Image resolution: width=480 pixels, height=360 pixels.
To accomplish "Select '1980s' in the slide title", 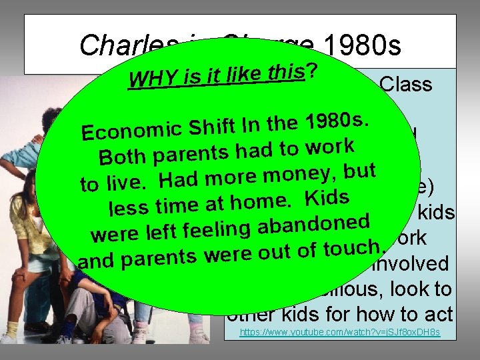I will (x=361, y=46).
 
